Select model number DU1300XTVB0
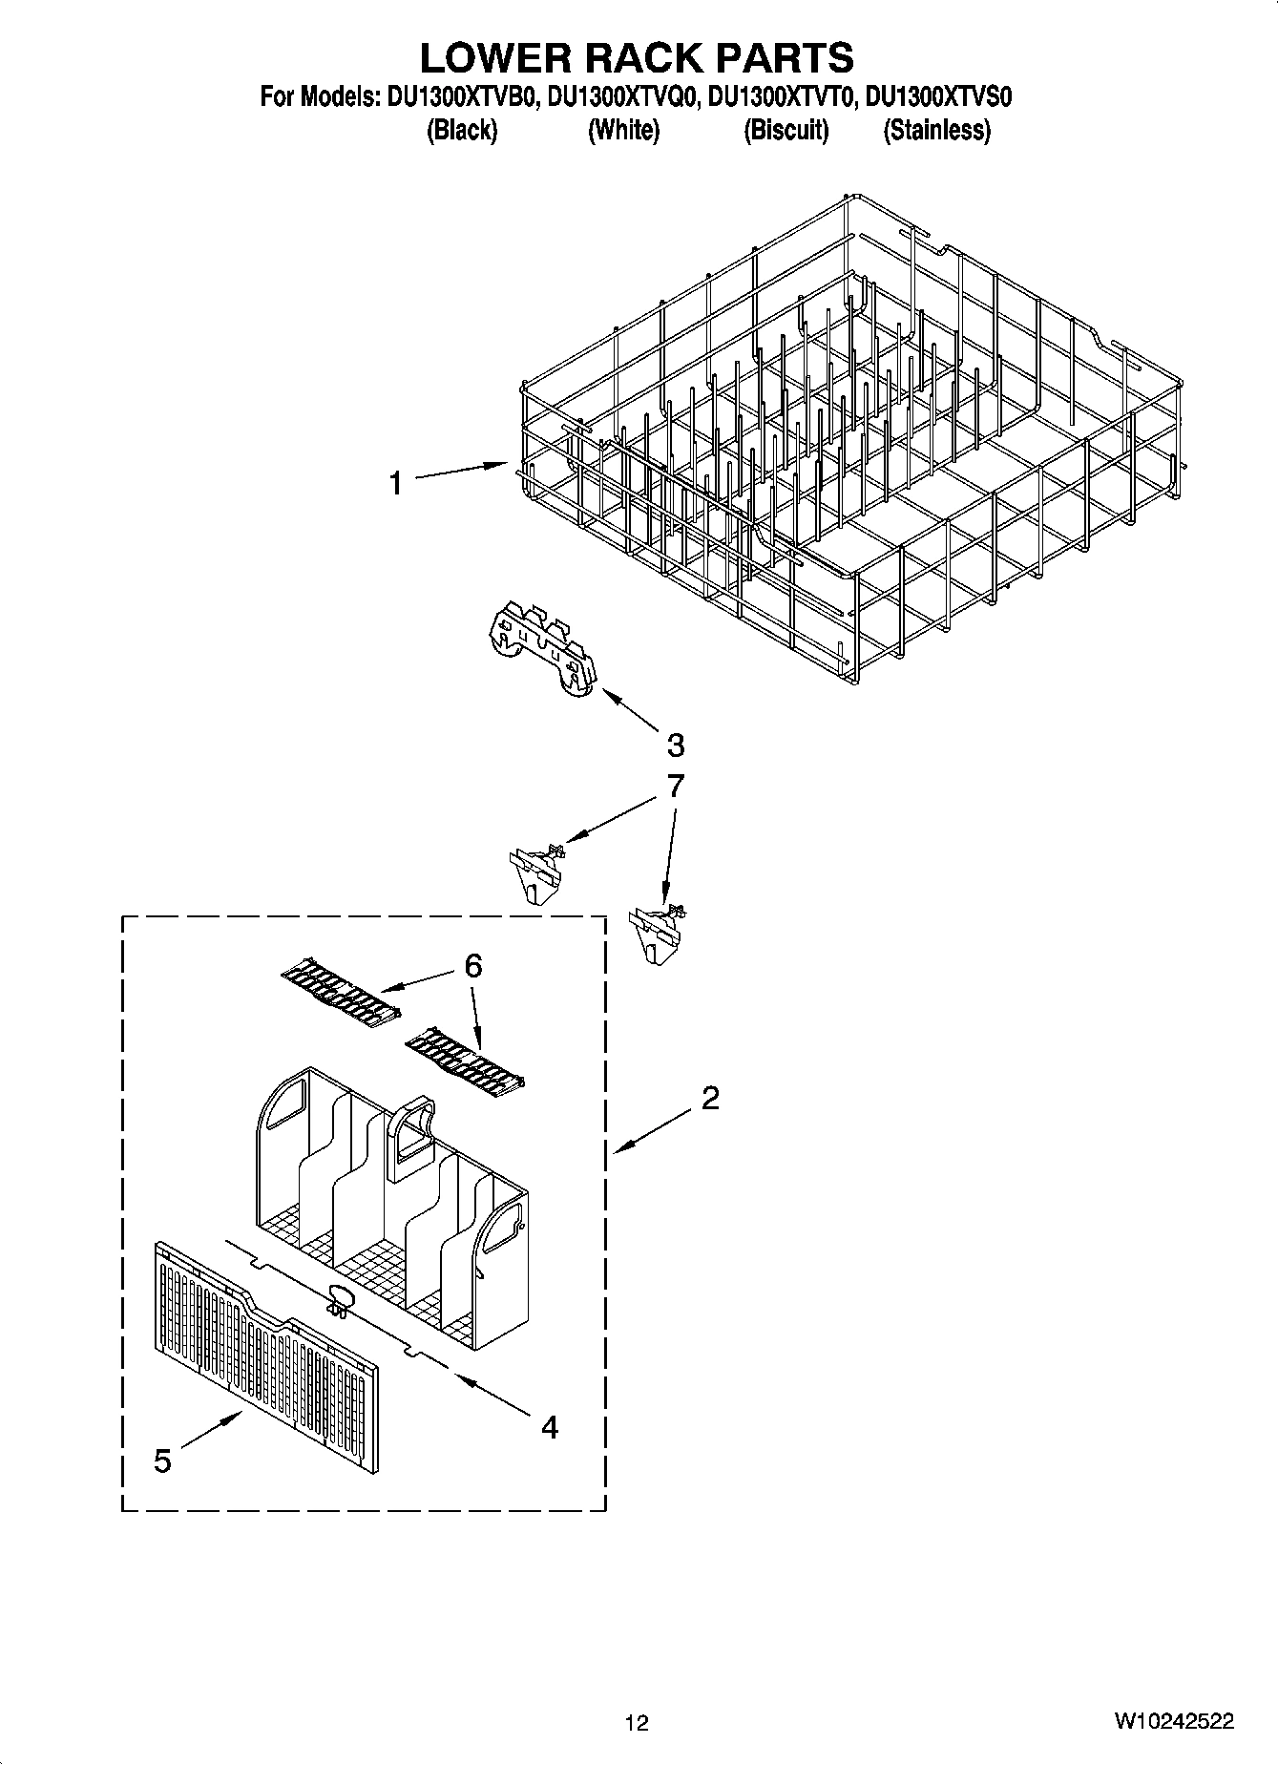[x=462, y=97]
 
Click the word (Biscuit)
[x=786, y=130]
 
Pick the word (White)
[x=622, y=130]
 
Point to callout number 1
[x=395, y=484]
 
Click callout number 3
[x=675, y=745]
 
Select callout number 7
[x=675, y=786]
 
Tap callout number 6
[x=472, y=966]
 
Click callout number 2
[x=709, y=1099]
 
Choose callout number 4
[x=549, y=1427]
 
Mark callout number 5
[x=162, y=1460]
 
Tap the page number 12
[x=637, y=1722]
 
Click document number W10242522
[x=1172, y=1721]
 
